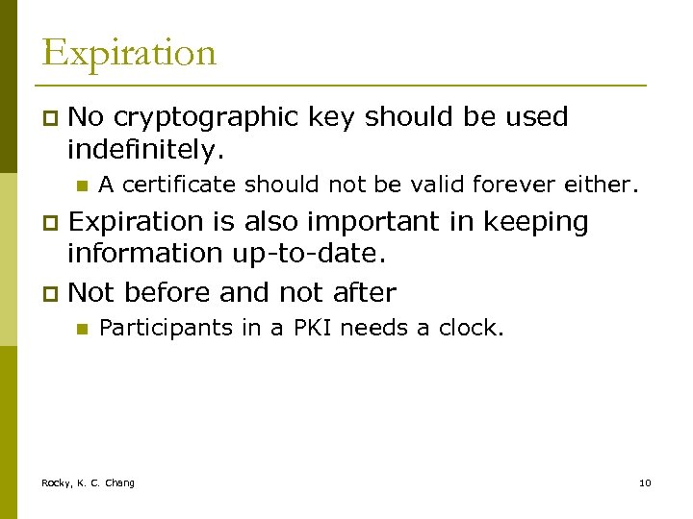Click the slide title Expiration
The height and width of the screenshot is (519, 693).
[129, 53]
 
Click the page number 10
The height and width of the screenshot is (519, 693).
[645, 482]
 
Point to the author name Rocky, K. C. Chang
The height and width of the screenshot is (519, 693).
[88, 482]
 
